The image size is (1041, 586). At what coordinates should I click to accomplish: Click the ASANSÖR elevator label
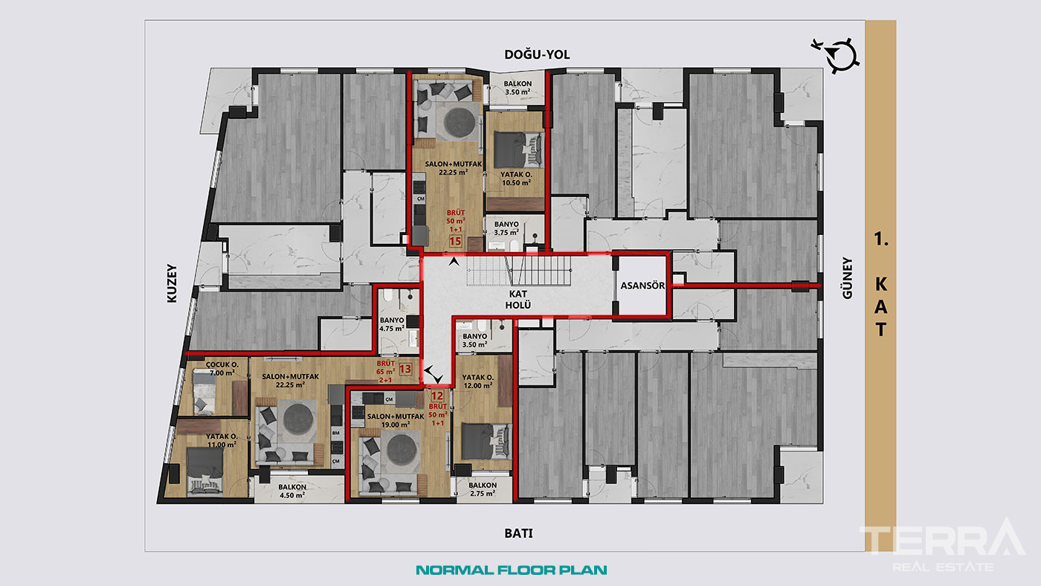point(642,286)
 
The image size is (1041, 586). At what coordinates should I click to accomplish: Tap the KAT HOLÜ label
point(518,300)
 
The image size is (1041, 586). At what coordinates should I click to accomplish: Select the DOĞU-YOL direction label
point(537,54)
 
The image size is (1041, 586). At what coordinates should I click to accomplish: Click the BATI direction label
point(519,533)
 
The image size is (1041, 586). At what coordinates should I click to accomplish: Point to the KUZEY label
point(172,283)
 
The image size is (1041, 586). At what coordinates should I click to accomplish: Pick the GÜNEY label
point(848,278)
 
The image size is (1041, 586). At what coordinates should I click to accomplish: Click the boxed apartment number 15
point(455,241)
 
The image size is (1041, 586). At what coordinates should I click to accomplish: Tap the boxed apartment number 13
point(405,369)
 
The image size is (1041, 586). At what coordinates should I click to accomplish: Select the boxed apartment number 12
point(437,396)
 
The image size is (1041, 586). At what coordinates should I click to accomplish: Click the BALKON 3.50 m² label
point(518,88)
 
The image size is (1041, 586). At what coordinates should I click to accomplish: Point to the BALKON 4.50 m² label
point(292,492)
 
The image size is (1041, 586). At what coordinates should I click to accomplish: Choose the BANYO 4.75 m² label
point(392,324)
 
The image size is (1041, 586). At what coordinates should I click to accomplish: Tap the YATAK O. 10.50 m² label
point(516,178)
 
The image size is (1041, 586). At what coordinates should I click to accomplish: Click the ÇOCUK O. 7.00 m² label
point(222,369)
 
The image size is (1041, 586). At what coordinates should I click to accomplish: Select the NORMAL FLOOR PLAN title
point(512,570)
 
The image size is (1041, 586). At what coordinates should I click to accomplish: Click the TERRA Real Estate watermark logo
point(942,544)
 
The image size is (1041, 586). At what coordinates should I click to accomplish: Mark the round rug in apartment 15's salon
point(460,122)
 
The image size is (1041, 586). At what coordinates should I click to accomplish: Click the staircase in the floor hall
point(520,271)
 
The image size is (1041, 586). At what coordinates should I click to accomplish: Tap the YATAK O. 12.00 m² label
point(477,381)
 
